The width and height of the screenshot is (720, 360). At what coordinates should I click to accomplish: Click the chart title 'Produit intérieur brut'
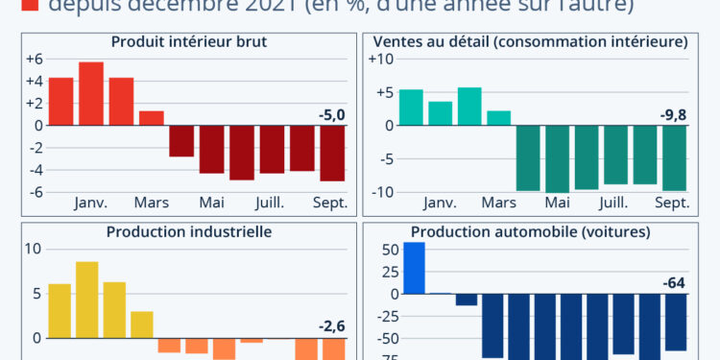[189, 41]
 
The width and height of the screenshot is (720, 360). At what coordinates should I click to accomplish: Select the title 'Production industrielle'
[189, 231]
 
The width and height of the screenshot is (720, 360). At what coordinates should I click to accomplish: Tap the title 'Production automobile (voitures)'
[530, 231]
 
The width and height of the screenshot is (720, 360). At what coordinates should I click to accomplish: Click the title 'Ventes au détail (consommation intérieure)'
[530, 41]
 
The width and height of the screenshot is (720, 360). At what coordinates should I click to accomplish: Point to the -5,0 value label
[331, 116]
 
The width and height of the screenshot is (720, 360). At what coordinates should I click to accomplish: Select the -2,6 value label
[331, 326]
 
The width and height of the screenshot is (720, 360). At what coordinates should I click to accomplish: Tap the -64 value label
[675, 283]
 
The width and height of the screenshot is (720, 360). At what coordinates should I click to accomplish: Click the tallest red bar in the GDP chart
[91, 93]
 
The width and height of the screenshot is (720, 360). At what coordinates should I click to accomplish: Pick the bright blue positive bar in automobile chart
[414, 268]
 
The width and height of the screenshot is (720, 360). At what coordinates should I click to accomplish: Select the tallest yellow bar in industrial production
[86, 300]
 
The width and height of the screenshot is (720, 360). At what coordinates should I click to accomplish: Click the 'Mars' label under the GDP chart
[151, 203]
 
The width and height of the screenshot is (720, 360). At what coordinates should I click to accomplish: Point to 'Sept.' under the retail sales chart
[672, 203]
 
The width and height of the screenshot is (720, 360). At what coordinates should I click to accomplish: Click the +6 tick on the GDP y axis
[34, 60]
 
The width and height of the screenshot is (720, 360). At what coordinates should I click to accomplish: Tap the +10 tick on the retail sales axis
[381, 60]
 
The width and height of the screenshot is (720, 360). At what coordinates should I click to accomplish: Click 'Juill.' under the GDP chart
[269, 203]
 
